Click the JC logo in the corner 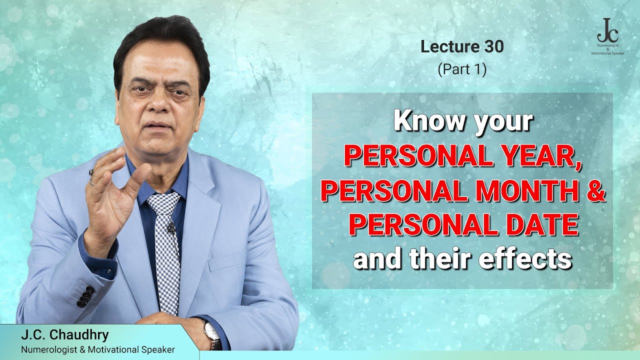(607, 31)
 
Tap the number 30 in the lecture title (493, 47)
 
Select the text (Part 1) (462, 69)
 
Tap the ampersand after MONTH (595, 192)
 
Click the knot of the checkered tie (164, 202)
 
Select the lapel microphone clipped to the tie (171, 229)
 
